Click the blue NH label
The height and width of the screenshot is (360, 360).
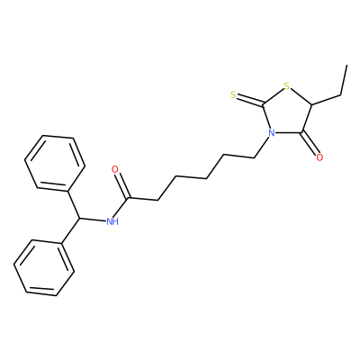click(112, 221)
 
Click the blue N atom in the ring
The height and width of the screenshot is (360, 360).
click(272, 132)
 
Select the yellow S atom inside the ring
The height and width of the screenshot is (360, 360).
click(287, 87)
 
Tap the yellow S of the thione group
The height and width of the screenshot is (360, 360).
click(234, 95)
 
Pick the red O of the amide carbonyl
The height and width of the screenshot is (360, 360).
click(114, 169)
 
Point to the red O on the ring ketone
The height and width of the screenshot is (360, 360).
click(319, 157)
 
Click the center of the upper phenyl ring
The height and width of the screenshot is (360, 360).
click(55, 163)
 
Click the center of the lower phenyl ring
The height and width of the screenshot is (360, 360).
click(44, 268)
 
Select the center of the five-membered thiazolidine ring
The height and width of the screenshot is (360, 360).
click(286, 113)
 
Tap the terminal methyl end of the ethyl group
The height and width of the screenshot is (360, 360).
click(347, 65)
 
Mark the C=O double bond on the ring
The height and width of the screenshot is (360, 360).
click(310, 143)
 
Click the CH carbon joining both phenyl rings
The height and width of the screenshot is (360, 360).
click(80, 218)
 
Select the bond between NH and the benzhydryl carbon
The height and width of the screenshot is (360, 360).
click(94, 220)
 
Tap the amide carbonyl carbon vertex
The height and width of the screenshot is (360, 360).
click(129, 198)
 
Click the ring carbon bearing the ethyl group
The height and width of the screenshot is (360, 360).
click(312, 105)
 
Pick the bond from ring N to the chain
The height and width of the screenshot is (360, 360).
click(262, 148)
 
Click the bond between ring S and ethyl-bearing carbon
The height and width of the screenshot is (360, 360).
click(301, 97)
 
